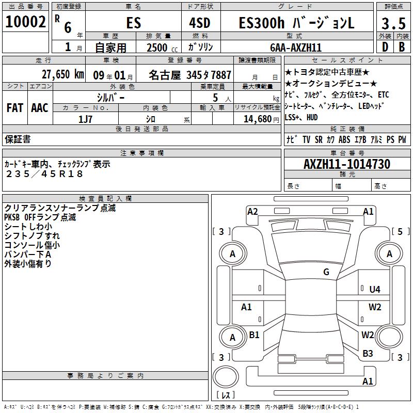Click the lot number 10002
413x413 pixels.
point(25,22)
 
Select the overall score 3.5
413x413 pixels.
point(393,24)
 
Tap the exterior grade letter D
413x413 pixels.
point(385,47)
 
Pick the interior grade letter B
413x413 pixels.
point(402,47)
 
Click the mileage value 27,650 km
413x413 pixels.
point(62,74)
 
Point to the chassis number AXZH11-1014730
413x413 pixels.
point(347,164)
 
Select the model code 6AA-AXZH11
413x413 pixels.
point(296,47)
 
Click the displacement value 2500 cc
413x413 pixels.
point(162,47)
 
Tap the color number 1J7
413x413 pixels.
point(85,119)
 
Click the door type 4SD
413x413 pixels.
point(200,23)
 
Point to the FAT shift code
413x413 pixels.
point(15,108)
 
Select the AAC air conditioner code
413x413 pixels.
point(40,108)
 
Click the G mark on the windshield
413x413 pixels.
point(326,272)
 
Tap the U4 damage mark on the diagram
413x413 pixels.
point(375,290)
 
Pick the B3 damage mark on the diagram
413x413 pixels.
point(368,354)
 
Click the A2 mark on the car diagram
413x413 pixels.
point(252,212)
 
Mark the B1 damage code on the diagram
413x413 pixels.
point(254,335)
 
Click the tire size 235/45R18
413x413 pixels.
point(44,174)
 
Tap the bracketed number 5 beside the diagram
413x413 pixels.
point(400,231)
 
